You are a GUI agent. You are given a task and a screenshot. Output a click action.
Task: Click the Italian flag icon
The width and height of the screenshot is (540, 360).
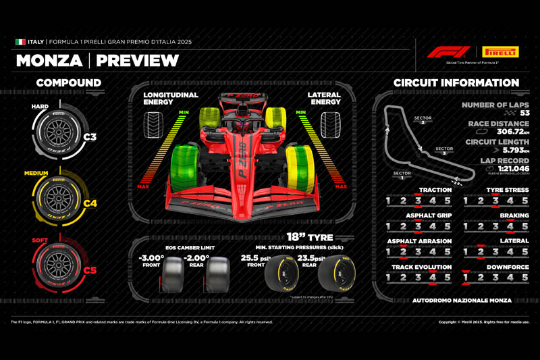[x=20, y=42]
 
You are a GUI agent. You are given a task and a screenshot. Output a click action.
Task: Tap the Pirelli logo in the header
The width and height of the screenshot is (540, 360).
[x=500, y=51]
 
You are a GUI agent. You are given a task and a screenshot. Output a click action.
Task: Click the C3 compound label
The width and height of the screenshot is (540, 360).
[x=90, y=137]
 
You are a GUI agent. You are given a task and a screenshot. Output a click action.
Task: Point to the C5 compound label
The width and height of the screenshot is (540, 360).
[x=90, y=270]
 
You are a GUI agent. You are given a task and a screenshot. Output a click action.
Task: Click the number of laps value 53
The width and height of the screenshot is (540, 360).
[x=520, y=113]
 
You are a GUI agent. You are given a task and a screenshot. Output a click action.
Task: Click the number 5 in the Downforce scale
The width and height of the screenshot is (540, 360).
[x=524, y=278]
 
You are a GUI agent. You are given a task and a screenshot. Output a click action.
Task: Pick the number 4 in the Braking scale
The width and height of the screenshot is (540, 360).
[x=510, y=226]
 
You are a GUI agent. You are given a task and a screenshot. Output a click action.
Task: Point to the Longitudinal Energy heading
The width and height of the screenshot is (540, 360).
[x=171, y=99]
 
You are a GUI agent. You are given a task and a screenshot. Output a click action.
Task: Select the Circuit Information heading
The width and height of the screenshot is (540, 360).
[x=456, y=83]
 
